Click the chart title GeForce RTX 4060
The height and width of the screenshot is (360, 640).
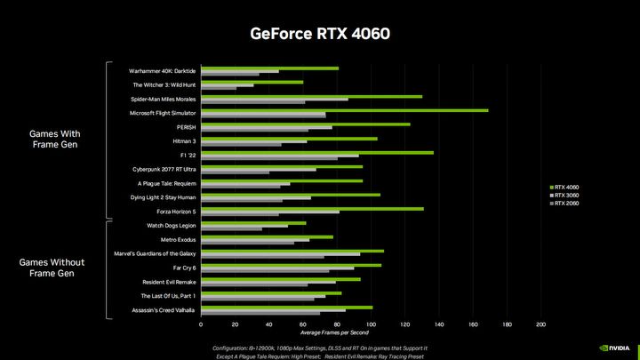(x=319, y=33)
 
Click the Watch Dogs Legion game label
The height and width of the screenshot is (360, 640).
(x=171, y=226)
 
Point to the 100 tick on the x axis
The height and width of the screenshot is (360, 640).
(x=372, y=325)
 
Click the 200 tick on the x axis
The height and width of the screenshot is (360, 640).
(x=540, y=325)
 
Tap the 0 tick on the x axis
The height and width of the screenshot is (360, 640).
(x=202, y=325)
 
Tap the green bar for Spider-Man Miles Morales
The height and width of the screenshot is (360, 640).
(x=312, y=96)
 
